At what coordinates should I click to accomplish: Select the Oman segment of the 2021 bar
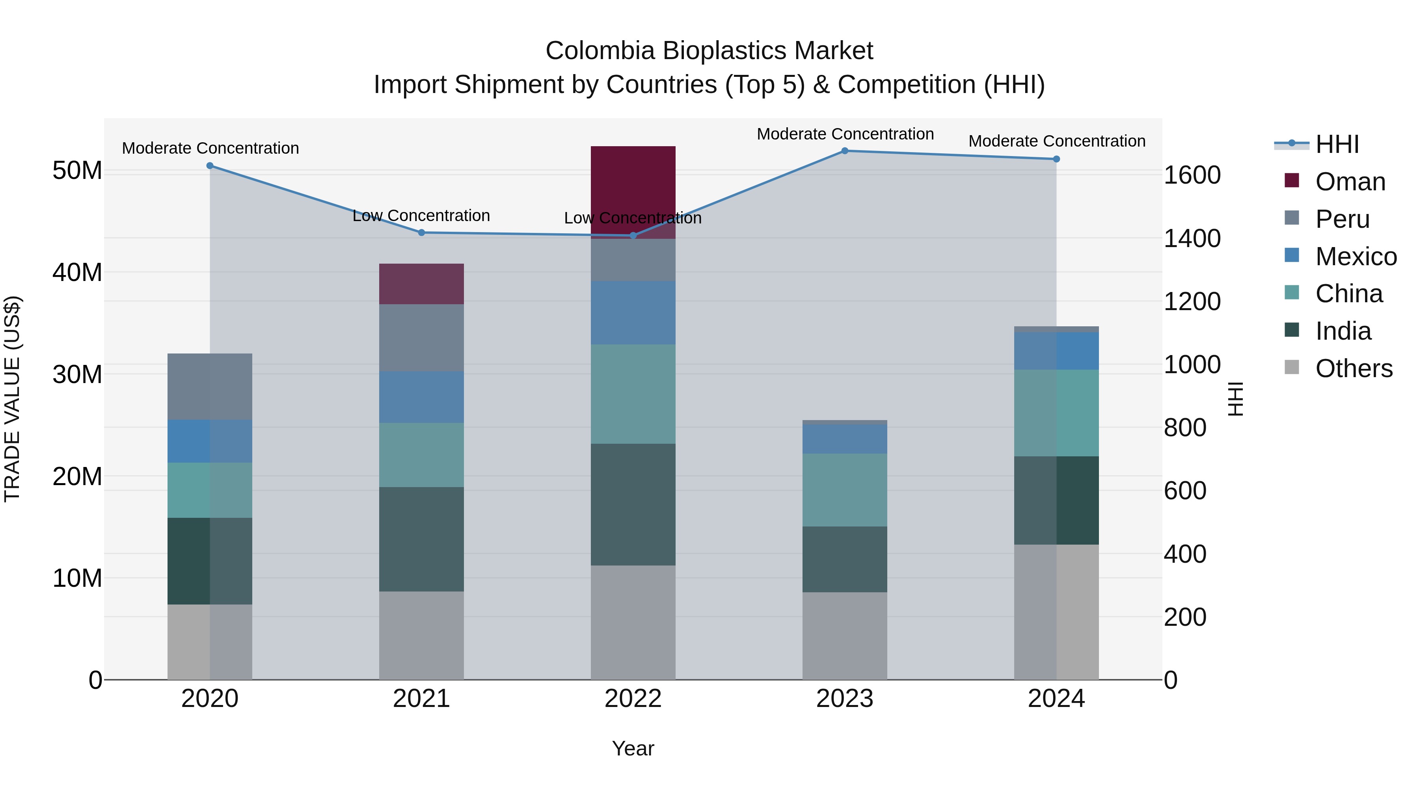(x=421, y=284)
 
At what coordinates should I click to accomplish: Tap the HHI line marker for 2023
(x=844, y=151)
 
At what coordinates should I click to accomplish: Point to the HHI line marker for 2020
(x=210, y=166)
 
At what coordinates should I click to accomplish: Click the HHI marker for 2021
(x=421, y=233)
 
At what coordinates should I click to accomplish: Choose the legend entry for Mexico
(x=1355, y=257)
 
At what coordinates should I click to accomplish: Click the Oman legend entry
(x=1350, y=182)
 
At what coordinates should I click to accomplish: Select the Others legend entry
(x=1353, y=368)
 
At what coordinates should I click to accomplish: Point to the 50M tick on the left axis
(x=77, y=171)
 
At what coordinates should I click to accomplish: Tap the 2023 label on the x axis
(x=844, y=699)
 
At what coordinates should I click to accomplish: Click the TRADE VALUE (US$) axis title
(x=12, y=399)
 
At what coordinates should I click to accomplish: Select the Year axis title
(x=633, y=748)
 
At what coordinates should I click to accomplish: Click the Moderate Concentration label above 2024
(x=1056, y=141)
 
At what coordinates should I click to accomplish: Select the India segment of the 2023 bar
(x=844, y=559)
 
